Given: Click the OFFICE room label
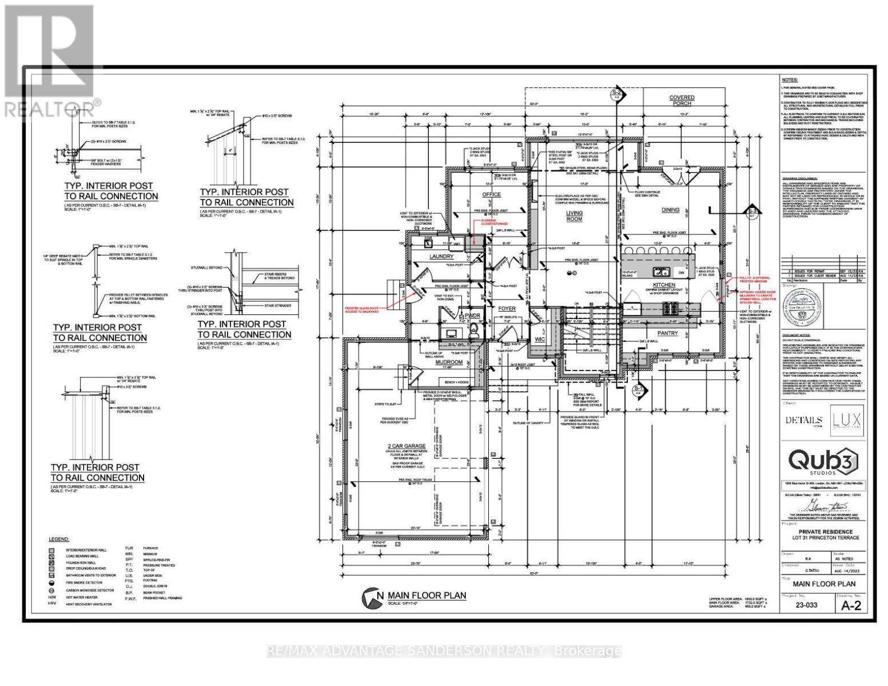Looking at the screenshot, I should pyautogui.click(x=491, y=195).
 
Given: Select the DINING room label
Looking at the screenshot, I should pyautogui.click(x=670, y=210).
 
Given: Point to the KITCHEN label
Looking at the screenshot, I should pyautogui.click(x=664, y=285).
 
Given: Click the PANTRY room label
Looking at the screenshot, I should pyautogui.click(x=667, y=333).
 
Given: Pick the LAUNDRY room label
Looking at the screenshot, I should pyautogui.click(x=441, y=257).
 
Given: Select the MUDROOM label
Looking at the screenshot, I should pyautogui.click(x=449, y=362).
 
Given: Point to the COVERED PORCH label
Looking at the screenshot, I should pyautogui.click(x=682, y=101).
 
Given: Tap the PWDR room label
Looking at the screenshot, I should pyautogui.click(x=472, y=315).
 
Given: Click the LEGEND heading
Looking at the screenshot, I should pyautogui.click(x=59, y=539).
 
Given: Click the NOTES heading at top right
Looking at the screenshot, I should pyautogui.click(x=789, y=81).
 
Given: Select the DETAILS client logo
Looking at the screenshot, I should pyautogui.click(x=803, y=420).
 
